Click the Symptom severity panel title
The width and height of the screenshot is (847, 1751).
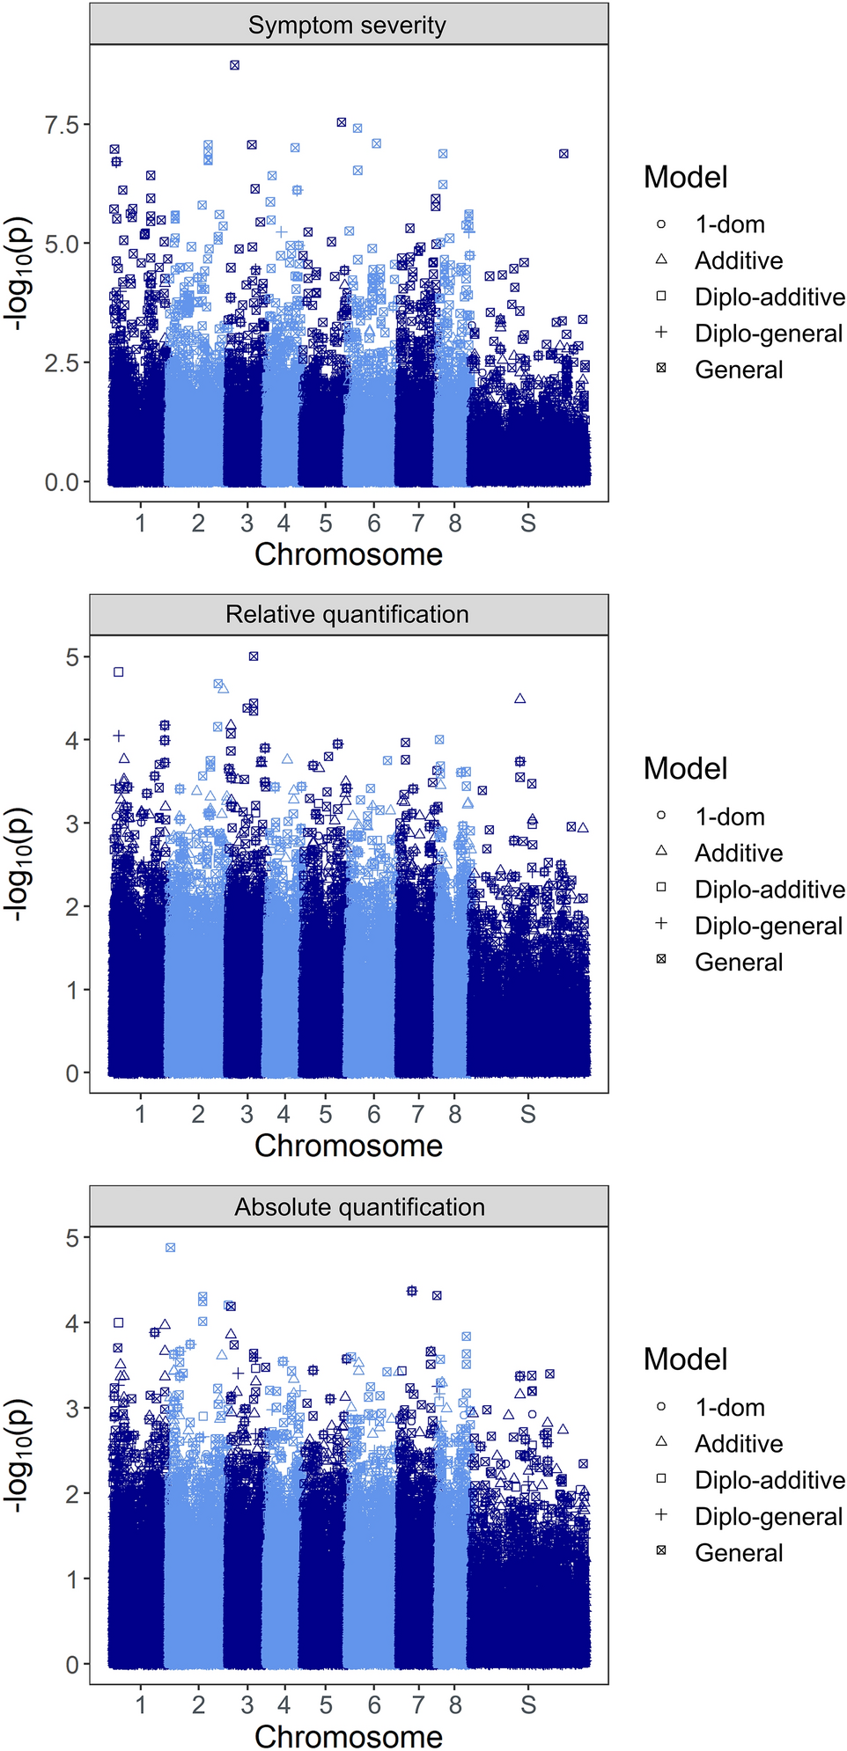pyautogui.click(x=347, y=25)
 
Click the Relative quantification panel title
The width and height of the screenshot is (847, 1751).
pyautogui.click(x=347, y=614)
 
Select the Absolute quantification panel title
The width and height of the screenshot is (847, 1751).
pyautogui.click(x=359, y=1206)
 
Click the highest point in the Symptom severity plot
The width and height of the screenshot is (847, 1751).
pyautogui.click(x=234, y=65)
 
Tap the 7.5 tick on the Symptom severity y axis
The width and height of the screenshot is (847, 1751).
pyautogui.click(x=62, y=124)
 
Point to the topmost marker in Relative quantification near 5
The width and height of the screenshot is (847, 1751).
pyautogui.click(x=254, y=656)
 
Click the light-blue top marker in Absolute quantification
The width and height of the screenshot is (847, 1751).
pyautogui.click(x=171, y=1248)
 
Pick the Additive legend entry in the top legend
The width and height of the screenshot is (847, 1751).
pyautogui.click(x=738, y=260)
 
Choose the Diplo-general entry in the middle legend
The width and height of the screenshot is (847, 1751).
pyautogui.click(x=768, y=926)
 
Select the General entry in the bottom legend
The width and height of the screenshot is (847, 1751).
pyautogui.click(x=738, y=1553)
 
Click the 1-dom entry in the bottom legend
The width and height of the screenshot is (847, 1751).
pyautogui.click(x=729, y=1408)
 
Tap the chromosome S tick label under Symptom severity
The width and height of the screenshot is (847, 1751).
pyautogui.click(x=528, y=524)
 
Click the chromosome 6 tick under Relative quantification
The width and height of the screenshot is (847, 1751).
pyautogui.click(x=374, y=1115)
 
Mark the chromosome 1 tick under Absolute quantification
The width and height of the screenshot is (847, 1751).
pyautogui.click(x=141, y=1705)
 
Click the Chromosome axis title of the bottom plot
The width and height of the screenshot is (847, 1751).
pyautogui.click(x=349, y=1736)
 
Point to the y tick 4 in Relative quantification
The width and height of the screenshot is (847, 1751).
pyautogui.click(x=72, y=740)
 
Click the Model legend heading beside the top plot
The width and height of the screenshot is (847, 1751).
pyautogui.click(x=685, y=177)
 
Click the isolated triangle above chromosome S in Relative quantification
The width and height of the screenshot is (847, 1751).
pyautogui.click(x=520, y=699)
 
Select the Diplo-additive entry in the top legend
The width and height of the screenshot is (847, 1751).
pyautogui.click(x=769, y=297)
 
